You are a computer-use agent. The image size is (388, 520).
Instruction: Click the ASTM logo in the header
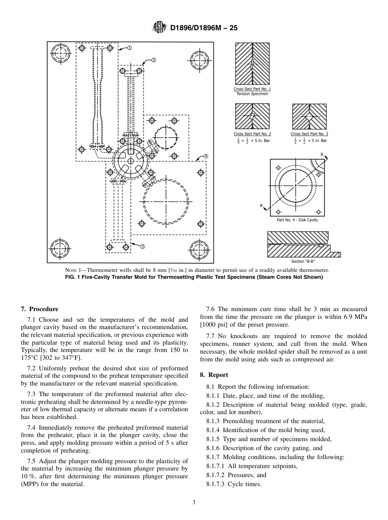coord(159,28)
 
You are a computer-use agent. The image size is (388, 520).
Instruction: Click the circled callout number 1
coord(129,48)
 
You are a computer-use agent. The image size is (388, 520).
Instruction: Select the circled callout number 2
coord(154,60)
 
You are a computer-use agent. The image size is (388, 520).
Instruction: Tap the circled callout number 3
coord(143,247)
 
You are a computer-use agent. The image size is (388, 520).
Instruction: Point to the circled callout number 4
coord(206,156)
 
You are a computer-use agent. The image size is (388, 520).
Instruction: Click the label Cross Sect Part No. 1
coord(252,89)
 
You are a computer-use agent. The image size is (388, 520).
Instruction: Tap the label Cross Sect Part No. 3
coord(309,134)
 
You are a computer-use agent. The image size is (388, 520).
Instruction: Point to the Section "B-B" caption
coord(303,261)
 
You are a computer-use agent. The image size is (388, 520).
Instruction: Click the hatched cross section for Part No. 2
coord(252,117)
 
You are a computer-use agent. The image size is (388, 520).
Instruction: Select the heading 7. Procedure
coord(40,309)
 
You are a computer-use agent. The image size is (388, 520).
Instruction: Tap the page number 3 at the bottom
coord(194,502)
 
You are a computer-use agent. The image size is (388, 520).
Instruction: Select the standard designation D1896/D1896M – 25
coord(203,28)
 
